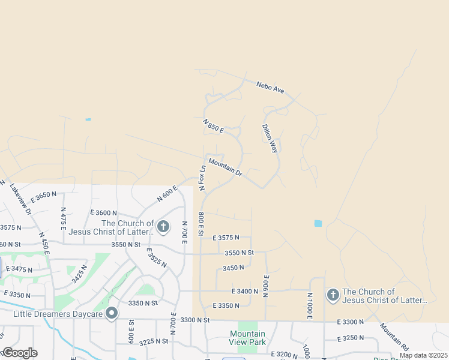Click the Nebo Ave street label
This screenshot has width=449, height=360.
[x=270, y=88]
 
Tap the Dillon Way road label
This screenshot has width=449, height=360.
[x=270, y=139]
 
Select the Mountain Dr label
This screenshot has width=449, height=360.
[x=225, y=167]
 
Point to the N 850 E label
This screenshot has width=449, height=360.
[x=213, y=126]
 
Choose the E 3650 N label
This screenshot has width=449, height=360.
[x=43, y=197]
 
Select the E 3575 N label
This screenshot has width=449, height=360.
[x=226, y=238]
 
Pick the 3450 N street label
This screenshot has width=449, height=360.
[x=233, y=268]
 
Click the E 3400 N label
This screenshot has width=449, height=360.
[x=244, y=291]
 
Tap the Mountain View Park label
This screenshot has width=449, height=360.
[x=247, y=338]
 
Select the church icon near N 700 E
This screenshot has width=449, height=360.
[x=163, y=226]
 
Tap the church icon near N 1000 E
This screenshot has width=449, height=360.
[x=333, y=295]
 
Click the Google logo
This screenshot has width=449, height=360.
[x=20, y=353]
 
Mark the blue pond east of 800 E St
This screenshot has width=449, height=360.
[x=318, y=223]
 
